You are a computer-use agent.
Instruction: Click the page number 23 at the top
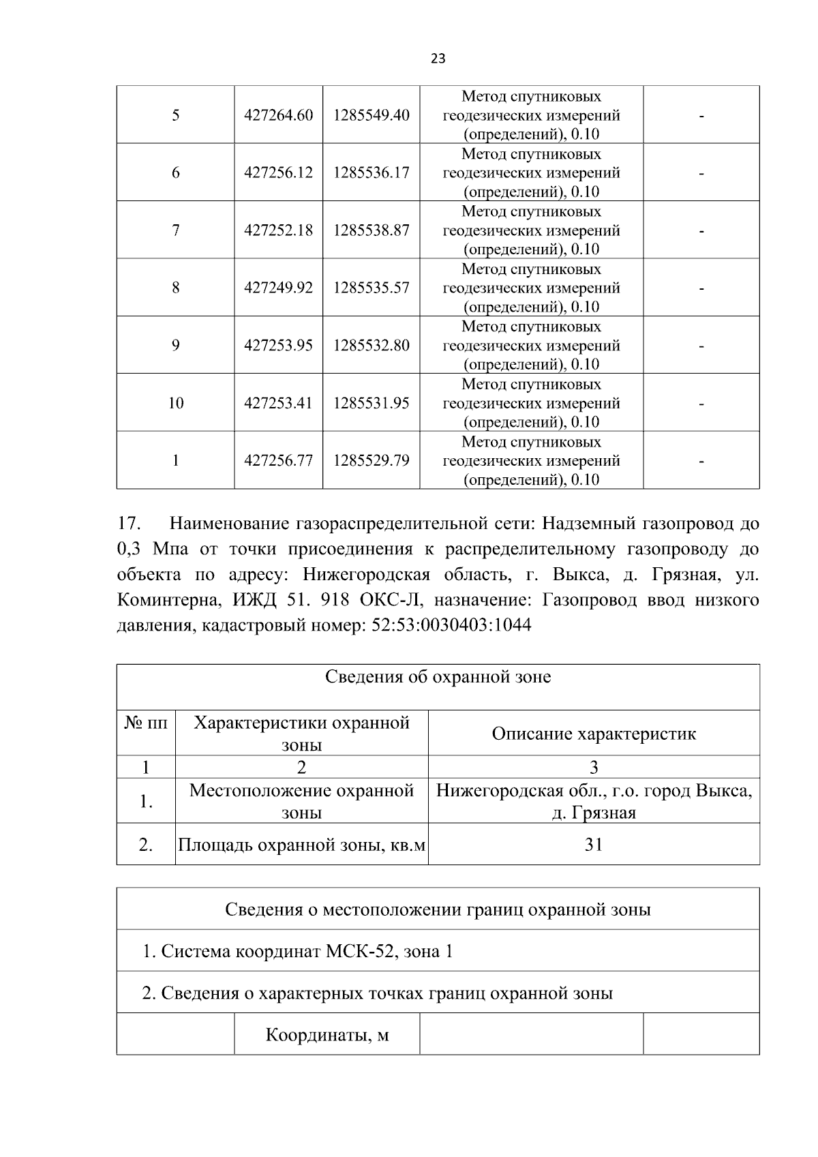438,59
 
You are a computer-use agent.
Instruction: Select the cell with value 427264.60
278,115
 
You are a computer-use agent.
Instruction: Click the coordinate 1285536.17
371,172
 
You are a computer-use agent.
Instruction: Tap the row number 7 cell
175,230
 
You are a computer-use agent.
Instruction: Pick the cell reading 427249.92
278,288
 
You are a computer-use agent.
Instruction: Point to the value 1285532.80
371,346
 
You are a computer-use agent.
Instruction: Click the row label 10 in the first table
175,403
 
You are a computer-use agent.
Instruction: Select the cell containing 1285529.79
371,461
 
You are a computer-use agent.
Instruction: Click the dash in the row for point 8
701,288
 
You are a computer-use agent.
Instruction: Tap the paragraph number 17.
129,524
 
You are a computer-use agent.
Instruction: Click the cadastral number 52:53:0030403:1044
451,625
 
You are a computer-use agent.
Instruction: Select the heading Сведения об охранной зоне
438,677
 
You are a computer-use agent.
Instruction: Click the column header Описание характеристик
593,734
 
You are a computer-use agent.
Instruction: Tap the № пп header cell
146,723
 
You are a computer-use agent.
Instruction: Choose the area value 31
593,845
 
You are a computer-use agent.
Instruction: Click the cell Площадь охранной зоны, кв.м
301,845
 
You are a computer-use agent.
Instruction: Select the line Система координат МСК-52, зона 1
298,951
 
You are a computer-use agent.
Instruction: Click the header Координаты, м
327,1035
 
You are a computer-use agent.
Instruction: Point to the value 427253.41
278,403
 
